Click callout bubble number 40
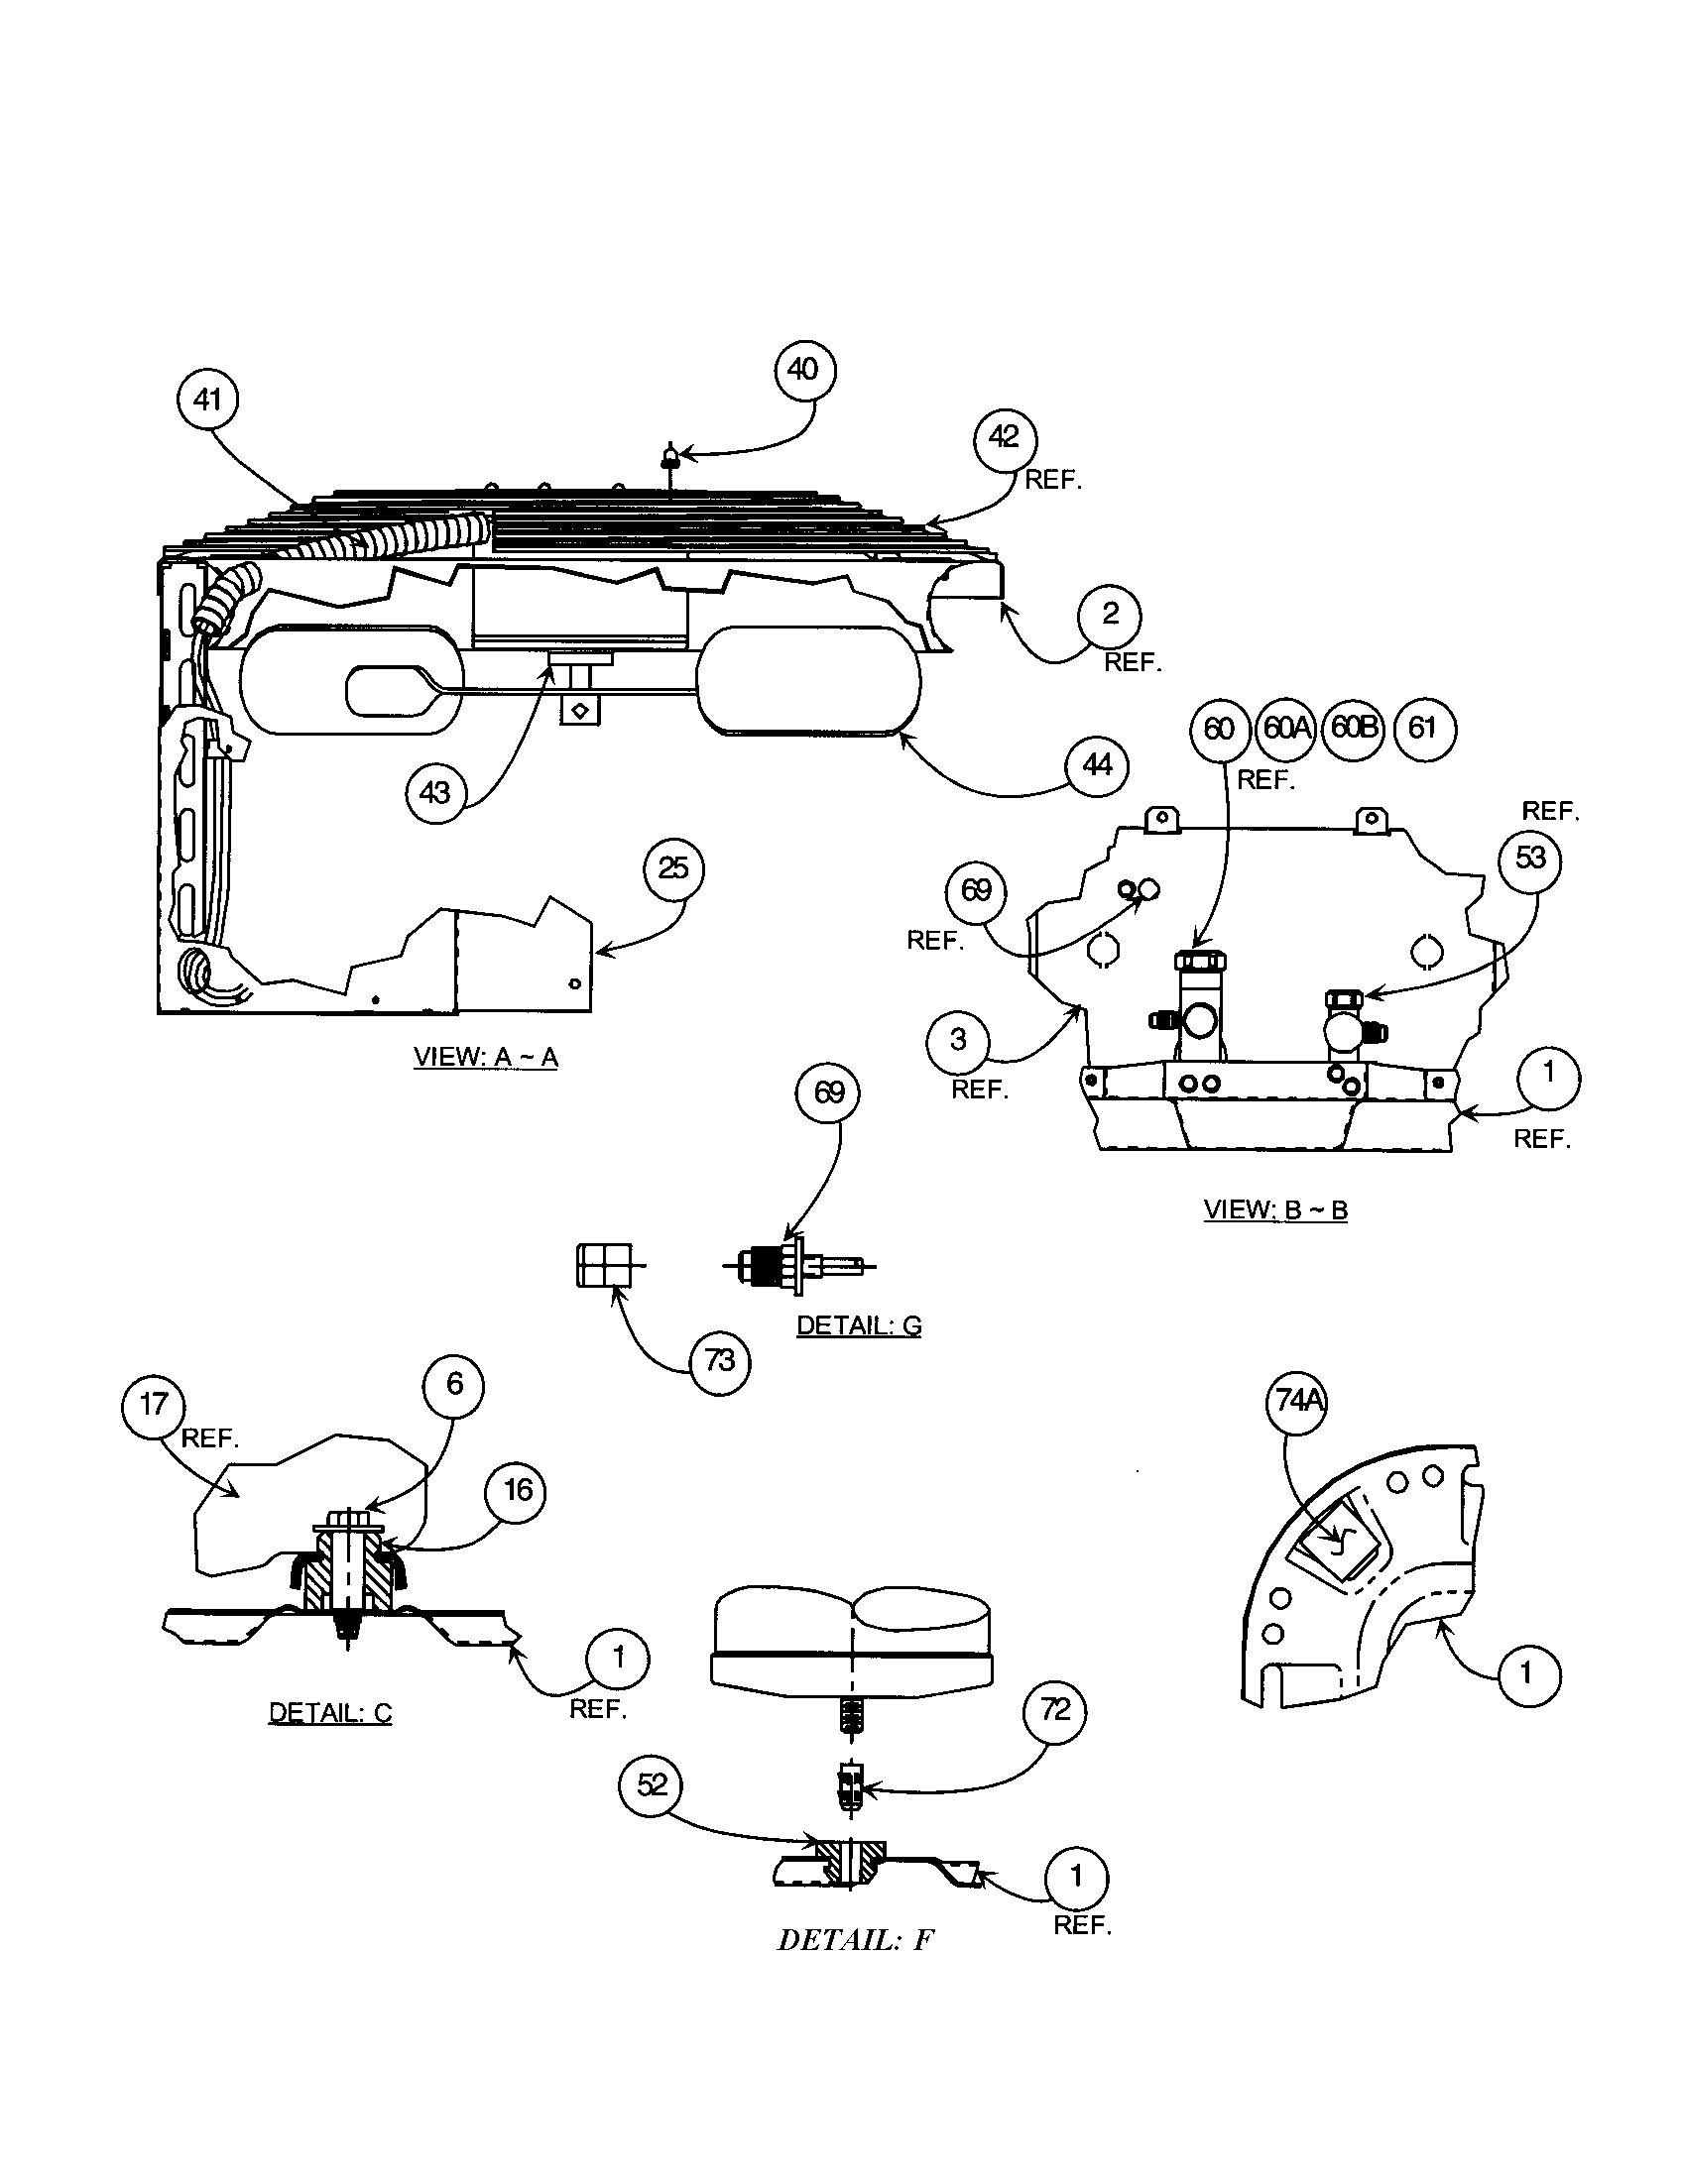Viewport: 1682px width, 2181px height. point(804,371)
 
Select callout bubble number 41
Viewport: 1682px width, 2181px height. point(206,401)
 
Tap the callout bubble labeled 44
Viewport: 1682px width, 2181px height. point(1097,765)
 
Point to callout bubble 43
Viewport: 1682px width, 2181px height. point(435,793)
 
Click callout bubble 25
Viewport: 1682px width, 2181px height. point(673,868)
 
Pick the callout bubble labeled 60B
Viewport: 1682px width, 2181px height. point(1354,728)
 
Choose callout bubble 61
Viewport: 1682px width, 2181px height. point(1423,729)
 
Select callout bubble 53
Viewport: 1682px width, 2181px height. point(1530,859)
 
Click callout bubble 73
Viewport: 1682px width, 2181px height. point(719,1360)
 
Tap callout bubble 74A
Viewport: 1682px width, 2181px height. point(1298,1402)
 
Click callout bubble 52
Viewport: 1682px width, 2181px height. point(652,1784)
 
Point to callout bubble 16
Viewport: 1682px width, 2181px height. point(517,1492)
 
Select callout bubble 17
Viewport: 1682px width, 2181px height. point(153,1405)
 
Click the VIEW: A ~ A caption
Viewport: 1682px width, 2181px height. point(485,1058)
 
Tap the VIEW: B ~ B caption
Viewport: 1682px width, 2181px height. point(1275,1210)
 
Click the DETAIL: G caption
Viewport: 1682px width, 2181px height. point(858,1326)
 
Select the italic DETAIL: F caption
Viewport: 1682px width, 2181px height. point(855,1940)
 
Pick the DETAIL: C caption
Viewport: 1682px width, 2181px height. point(329,1713)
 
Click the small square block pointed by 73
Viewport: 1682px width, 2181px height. point(604,1265)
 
